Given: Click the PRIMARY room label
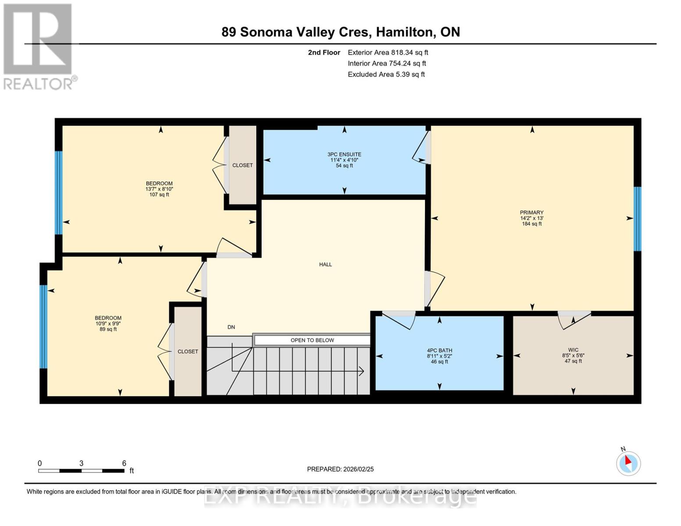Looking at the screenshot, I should tap(531, 213).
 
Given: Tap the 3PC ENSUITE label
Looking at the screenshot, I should tap(344, 154).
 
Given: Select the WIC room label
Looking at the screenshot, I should tap(573, 350).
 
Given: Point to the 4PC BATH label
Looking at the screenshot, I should tap(439, 350).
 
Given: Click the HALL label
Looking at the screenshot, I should tap(325, 264).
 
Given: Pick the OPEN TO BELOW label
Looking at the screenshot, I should tap(312, 340).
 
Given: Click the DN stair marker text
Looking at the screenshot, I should tap(231, 327).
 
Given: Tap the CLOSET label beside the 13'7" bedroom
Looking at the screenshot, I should tap(242, 165).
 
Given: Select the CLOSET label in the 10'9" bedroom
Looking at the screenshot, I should tap(188, 352).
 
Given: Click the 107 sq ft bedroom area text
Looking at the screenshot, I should tap(159, 195).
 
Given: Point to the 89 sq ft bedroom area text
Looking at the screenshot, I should tap(108, 329).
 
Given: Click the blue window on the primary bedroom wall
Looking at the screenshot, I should tap(638, 219).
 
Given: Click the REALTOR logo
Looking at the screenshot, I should tap(39, 46).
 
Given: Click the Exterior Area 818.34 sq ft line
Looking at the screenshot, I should tap(388, 53).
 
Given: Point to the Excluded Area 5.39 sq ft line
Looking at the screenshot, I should tap(386, 75).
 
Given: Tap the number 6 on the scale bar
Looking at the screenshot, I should tap(124, 463).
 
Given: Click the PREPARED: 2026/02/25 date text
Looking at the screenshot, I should tap(340, 469).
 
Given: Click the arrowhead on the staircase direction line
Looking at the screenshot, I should tap(362, 371).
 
